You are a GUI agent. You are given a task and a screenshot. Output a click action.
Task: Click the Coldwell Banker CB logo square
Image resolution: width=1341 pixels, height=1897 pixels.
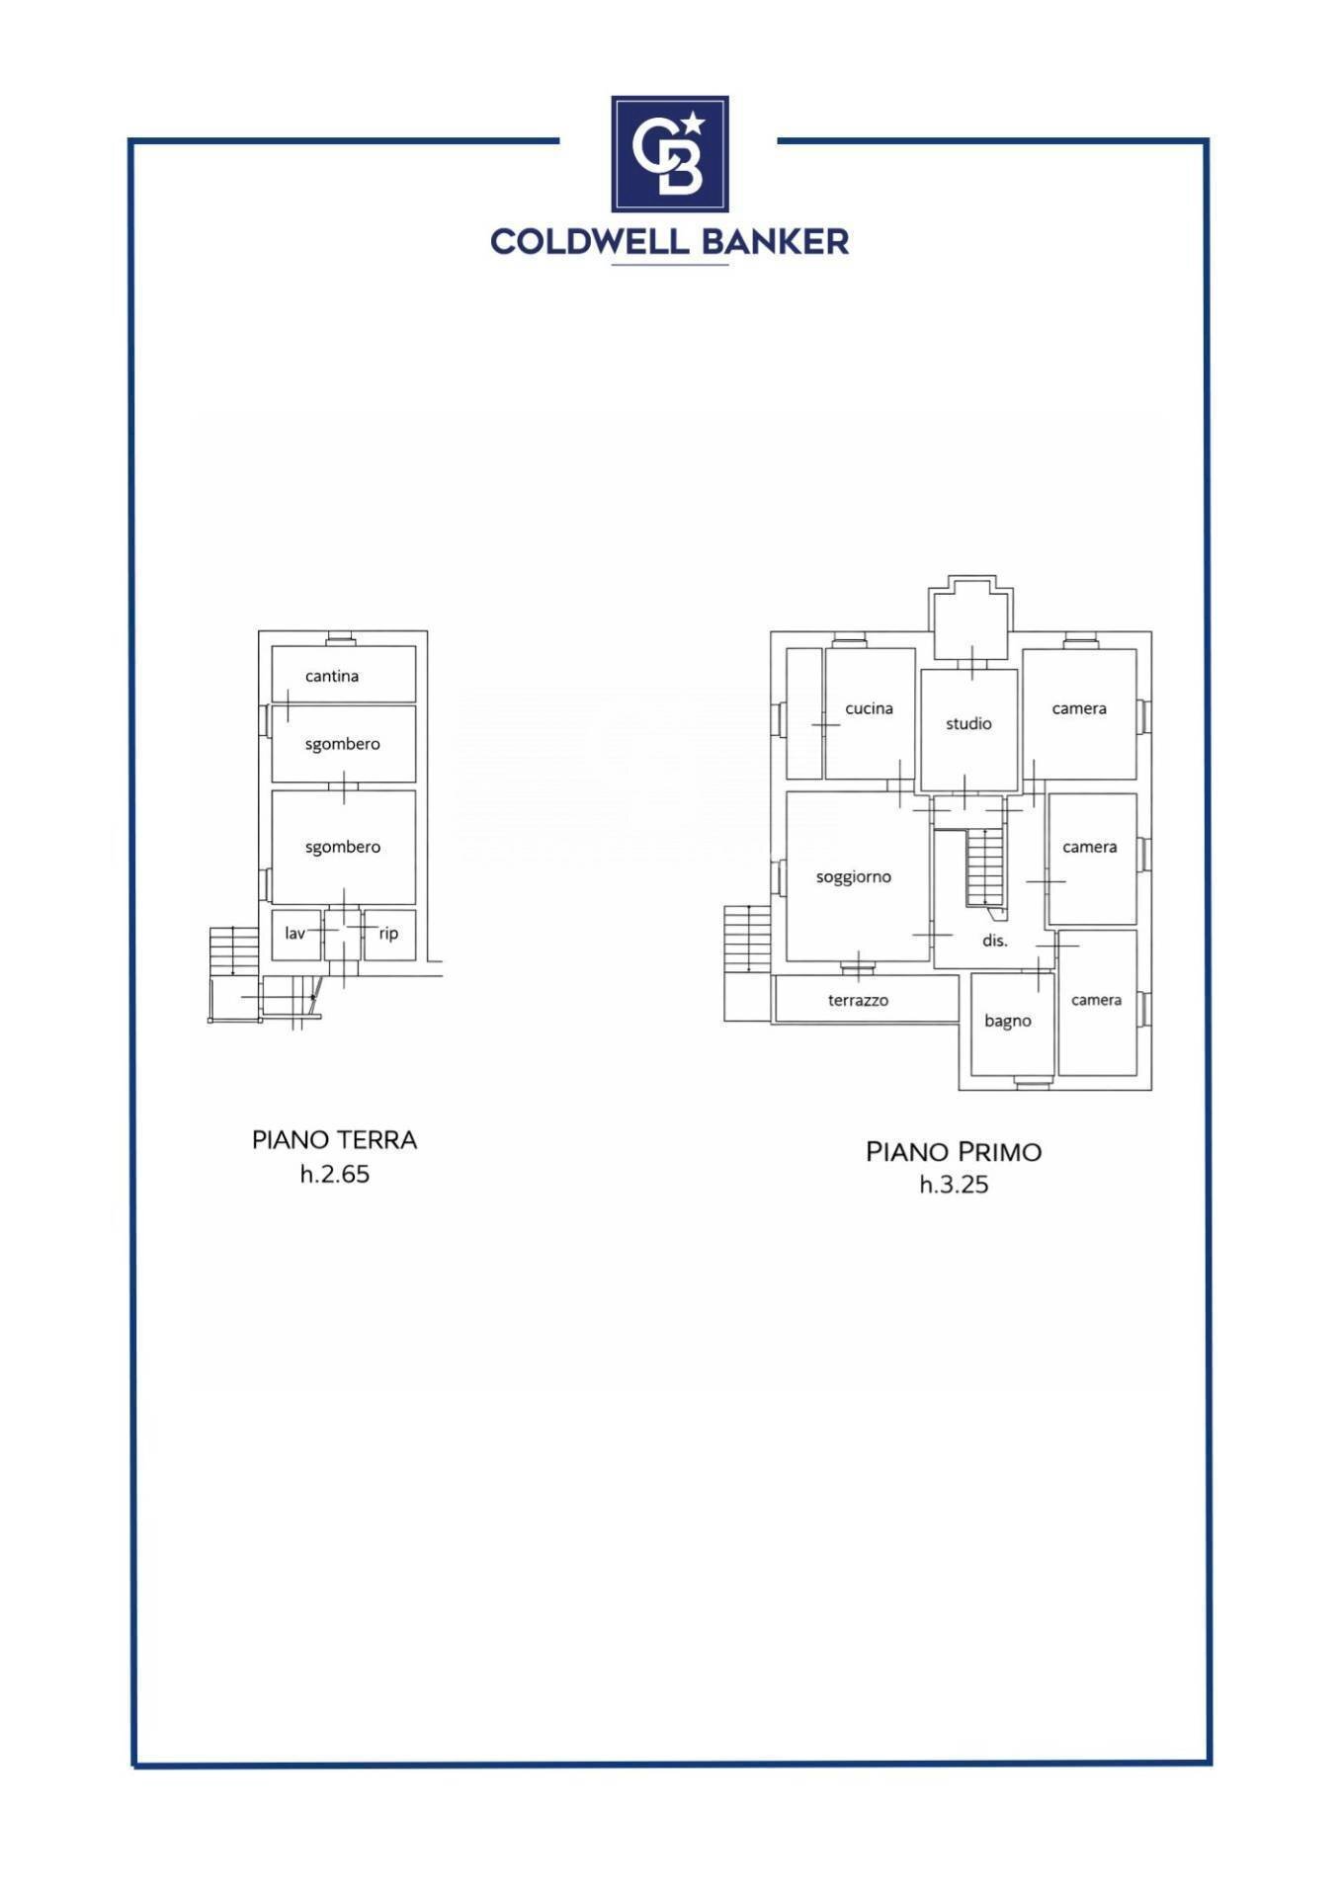pos(670,154)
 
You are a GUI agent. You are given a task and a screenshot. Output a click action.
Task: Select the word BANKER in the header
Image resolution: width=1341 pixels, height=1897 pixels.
pos(776,241)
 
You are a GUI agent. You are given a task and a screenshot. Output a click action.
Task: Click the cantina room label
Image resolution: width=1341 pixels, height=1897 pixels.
pos(332,676)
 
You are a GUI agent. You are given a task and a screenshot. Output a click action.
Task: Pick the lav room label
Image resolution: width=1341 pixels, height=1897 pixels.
pos(294,933)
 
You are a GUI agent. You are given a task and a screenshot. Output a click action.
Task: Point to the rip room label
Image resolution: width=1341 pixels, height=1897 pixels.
pos(388,934)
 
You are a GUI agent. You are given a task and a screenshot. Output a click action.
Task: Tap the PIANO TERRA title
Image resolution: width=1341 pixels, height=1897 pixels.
pos(335,1140)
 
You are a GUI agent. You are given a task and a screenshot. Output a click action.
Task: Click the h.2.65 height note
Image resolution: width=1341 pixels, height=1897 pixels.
pos(335,1174)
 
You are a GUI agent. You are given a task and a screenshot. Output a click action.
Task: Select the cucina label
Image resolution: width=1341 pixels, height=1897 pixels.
pos(870,708)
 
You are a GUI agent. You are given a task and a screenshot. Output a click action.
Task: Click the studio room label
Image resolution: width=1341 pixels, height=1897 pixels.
pos(968,724)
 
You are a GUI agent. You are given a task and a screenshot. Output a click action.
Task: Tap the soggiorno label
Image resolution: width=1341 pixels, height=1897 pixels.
pos(854,877)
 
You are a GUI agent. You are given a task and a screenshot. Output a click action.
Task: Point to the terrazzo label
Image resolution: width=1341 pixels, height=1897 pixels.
pos(858,1001)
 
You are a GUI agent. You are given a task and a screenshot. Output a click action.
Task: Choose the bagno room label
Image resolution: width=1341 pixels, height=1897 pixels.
pos(1008,1022)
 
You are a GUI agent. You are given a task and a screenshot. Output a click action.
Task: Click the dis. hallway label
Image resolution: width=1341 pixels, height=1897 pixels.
pos(995,941)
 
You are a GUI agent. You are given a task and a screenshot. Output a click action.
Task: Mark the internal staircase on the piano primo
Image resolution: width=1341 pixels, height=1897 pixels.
pos(985,867)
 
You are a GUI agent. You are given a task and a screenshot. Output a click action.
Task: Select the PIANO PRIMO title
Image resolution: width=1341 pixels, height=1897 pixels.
pos(954,1152)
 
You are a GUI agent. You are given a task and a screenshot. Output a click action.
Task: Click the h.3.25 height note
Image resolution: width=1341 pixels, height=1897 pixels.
pos(954,1185)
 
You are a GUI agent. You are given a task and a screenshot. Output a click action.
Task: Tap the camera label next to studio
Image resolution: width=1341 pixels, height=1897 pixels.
pos(1079,708)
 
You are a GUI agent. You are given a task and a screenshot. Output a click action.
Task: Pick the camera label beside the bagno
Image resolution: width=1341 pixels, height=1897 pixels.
pos(1096,1000)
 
